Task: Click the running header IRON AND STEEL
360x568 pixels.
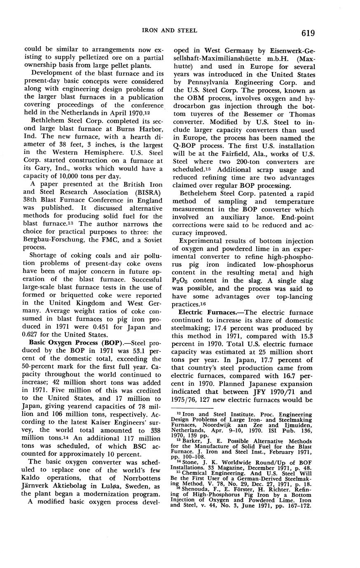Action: pyautogui.click(x=170, y=30)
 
